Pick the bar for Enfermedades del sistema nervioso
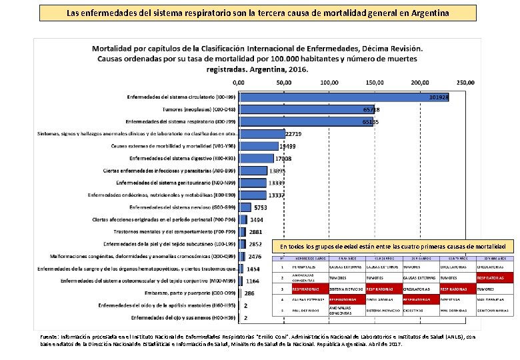coord(245,207)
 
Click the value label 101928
coord(439,97)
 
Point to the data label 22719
coord(295,134)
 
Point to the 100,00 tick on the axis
coord(329,83)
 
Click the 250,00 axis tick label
coord(465,83)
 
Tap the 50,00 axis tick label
coord(284,83)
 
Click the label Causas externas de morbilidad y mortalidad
coord(173,146)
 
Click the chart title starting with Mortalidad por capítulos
coord(257,59)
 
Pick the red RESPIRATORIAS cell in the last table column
coord(493,277)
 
